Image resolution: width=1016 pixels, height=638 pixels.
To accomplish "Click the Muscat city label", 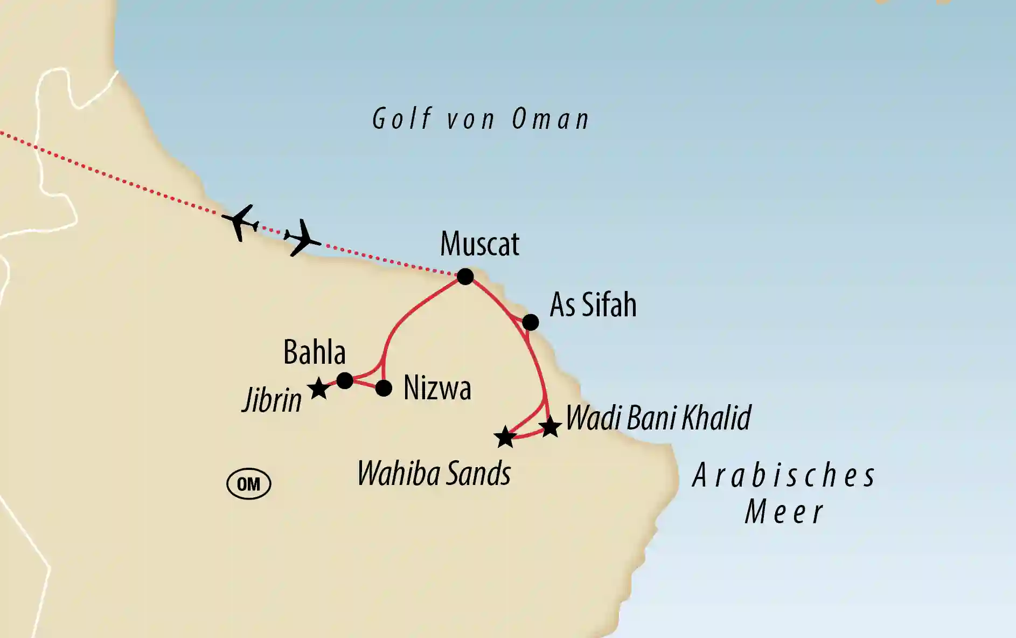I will (479, 244).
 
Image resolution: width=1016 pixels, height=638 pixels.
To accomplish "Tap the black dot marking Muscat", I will (465, 276).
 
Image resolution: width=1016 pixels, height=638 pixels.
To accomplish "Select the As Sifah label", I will (593, 305).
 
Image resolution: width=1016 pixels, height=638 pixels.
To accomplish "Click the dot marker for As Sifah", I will (531, 322).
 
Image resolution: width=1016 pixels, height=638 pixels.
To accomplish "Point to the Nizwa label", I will (437, 388).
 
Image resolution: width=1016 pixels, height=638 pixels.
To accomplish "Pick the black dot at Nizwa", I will (384, 388).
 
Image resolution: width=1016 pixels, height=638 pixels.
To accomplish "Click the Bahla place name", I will (315, 352).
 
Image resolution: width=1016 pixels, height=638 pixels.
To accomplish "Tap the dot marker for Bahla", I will (345, 380).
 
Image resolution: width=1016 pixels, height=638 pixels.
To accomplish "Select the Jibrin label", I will (272, 401).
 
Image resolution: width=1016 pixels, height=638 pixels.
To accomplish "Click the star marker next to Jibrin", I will (318, 388).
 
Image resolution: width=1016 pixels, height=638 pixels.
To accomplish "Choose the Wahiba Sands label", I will (434, 474).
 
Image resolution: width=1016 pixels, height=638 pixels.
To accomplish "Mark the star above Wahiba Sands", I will (505, 437).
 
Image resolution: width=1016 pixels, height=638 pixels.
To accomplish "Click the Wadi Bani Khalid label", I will (658, 418).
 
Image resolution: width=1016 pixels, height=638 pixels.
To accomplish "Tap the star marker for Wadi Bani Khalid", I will (550, 427).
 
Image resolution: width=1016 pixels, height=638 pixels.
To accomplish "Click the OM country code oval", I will (248, 484).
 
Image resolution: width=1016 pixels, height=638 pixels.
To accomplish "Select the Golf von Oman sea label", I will (481, 119).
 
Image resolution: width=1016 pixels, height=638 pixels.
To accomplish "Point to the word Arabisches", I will (784, 476).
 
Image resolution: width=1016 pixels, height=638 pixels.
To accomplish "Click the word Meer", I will (784, 512).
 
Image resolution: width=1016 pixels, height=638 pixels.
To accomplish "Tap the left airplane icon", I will (240, 221).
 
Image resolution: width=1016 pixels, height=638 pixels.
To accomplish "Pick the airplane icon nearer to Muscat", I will (302, 237).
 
